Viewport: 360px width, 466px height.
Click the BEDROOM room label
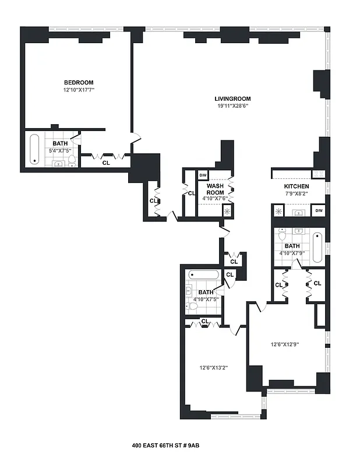pos(79,83)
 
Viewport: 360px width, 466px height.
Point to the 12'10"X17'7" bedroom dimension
pos(79,90)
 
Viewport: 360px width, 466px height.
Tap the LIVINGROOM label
pos(232,98)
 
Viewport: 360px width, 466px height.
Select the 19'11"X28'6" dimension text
pos(232,106)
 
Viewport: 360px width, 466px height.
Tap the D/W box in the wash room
pos(203,175)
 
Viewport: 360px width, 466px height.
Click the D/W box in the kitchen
pos(318,210)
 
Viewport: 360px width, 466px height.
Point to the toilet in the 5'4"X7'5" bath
pos(72,160)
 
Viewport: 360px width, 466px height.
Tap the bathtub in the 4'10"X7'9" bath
pos(317,247)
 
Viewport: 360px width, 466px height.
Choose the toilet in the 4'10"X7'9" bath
pos(282,236)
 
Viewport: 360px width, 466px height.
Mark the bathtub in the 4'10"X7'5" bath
pos(203,274)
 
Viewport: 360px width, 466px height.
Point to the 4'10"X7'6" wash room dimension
pos(215,199)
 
